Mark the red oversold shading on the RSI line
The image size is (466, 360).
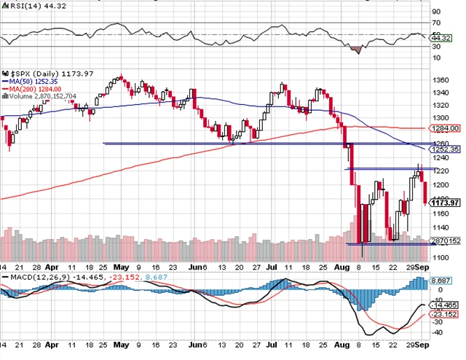point(356,49)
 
